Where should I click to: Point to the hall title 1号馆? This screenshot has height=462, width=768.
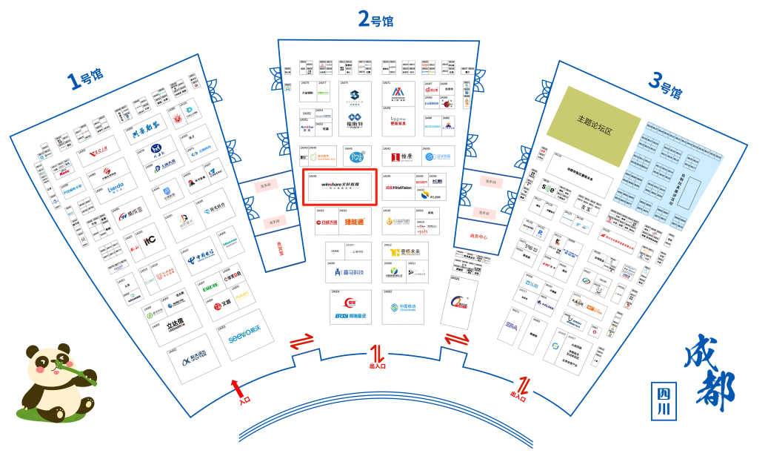coord(86,78)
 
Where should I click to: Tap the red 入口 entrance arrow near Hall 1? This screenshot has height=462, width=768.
coord(238,389)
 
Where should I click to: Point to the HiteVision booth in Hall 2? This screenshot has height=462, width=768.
coord(397,188)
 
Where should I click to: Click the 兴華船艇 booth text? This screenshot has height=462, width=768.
coord(146,134)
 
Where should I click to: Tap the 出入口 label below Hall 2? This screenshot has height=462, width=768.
coord(377,365)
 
